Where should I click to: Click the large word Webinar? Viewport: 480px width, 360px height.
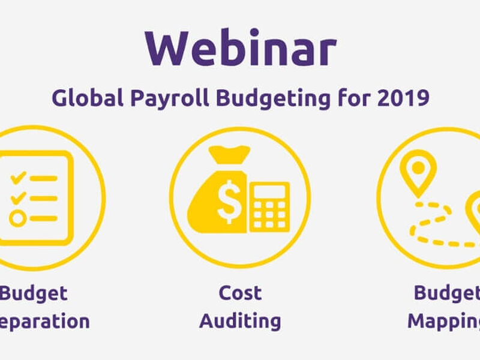[x=240, y=48]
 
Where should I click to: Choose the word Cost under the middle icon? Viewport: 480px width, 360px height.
[x=240, y=293]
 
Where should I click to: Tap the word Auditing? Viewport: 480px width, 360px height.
[x=240, y=321]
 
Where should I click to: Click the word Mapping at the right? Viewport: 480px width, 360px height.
[x=444, y=321]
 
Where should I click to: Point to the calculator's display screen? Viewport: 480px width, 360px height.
[x=269, y=190]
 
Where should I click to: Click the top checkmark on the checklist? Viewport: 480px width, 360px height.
[x=19, y=177]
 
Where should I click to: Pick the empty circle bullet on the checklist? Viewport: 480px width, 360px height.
[x=18, y=218]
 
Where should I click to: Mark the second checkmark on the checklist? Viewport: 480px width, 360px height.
[x=19, y=197]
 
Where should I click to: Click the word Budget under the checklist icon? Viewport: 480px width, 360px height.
[x=34, y=293]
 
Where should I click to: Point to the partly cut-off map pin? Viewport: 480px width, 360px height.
[x=474, y=210]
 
